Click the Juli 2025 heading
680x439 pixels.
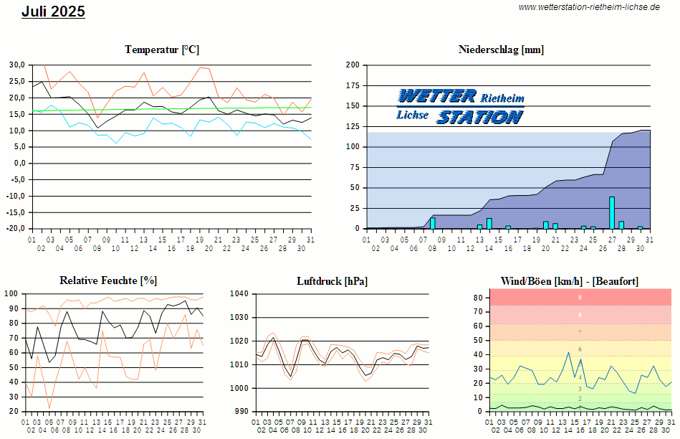click(x=53, y=11)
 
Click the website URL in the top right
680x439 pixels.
click(x=588, y=6)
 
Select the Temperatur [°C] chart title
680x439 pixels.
click(x=162, y=49)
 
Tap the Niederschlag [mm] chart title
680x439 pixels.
click(x=501, y=49)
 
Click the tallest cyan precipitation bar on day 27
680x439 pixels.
click(x=612, y=212)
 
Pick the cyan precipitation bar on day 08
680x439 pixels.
click(x=433, y=223)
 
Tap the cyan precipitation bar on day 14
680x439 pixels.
click(x=489, y=223)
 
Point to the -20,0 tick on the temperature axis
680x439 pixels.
click(x=16, y=229)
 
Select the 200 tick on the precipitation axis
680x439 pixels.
click(x=353, y=65)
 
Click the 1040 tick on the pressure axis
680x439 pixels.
click(x=239, y=294)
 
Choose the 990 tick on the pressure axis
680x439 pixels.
click(x=241, y=412)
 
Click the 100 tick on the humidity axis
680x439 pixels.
click(x=12, y=294)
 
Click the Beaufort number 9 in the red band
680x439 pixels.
click(x=580, y=297)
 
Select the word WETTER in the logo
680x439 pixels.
click(x=436, y=96)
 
